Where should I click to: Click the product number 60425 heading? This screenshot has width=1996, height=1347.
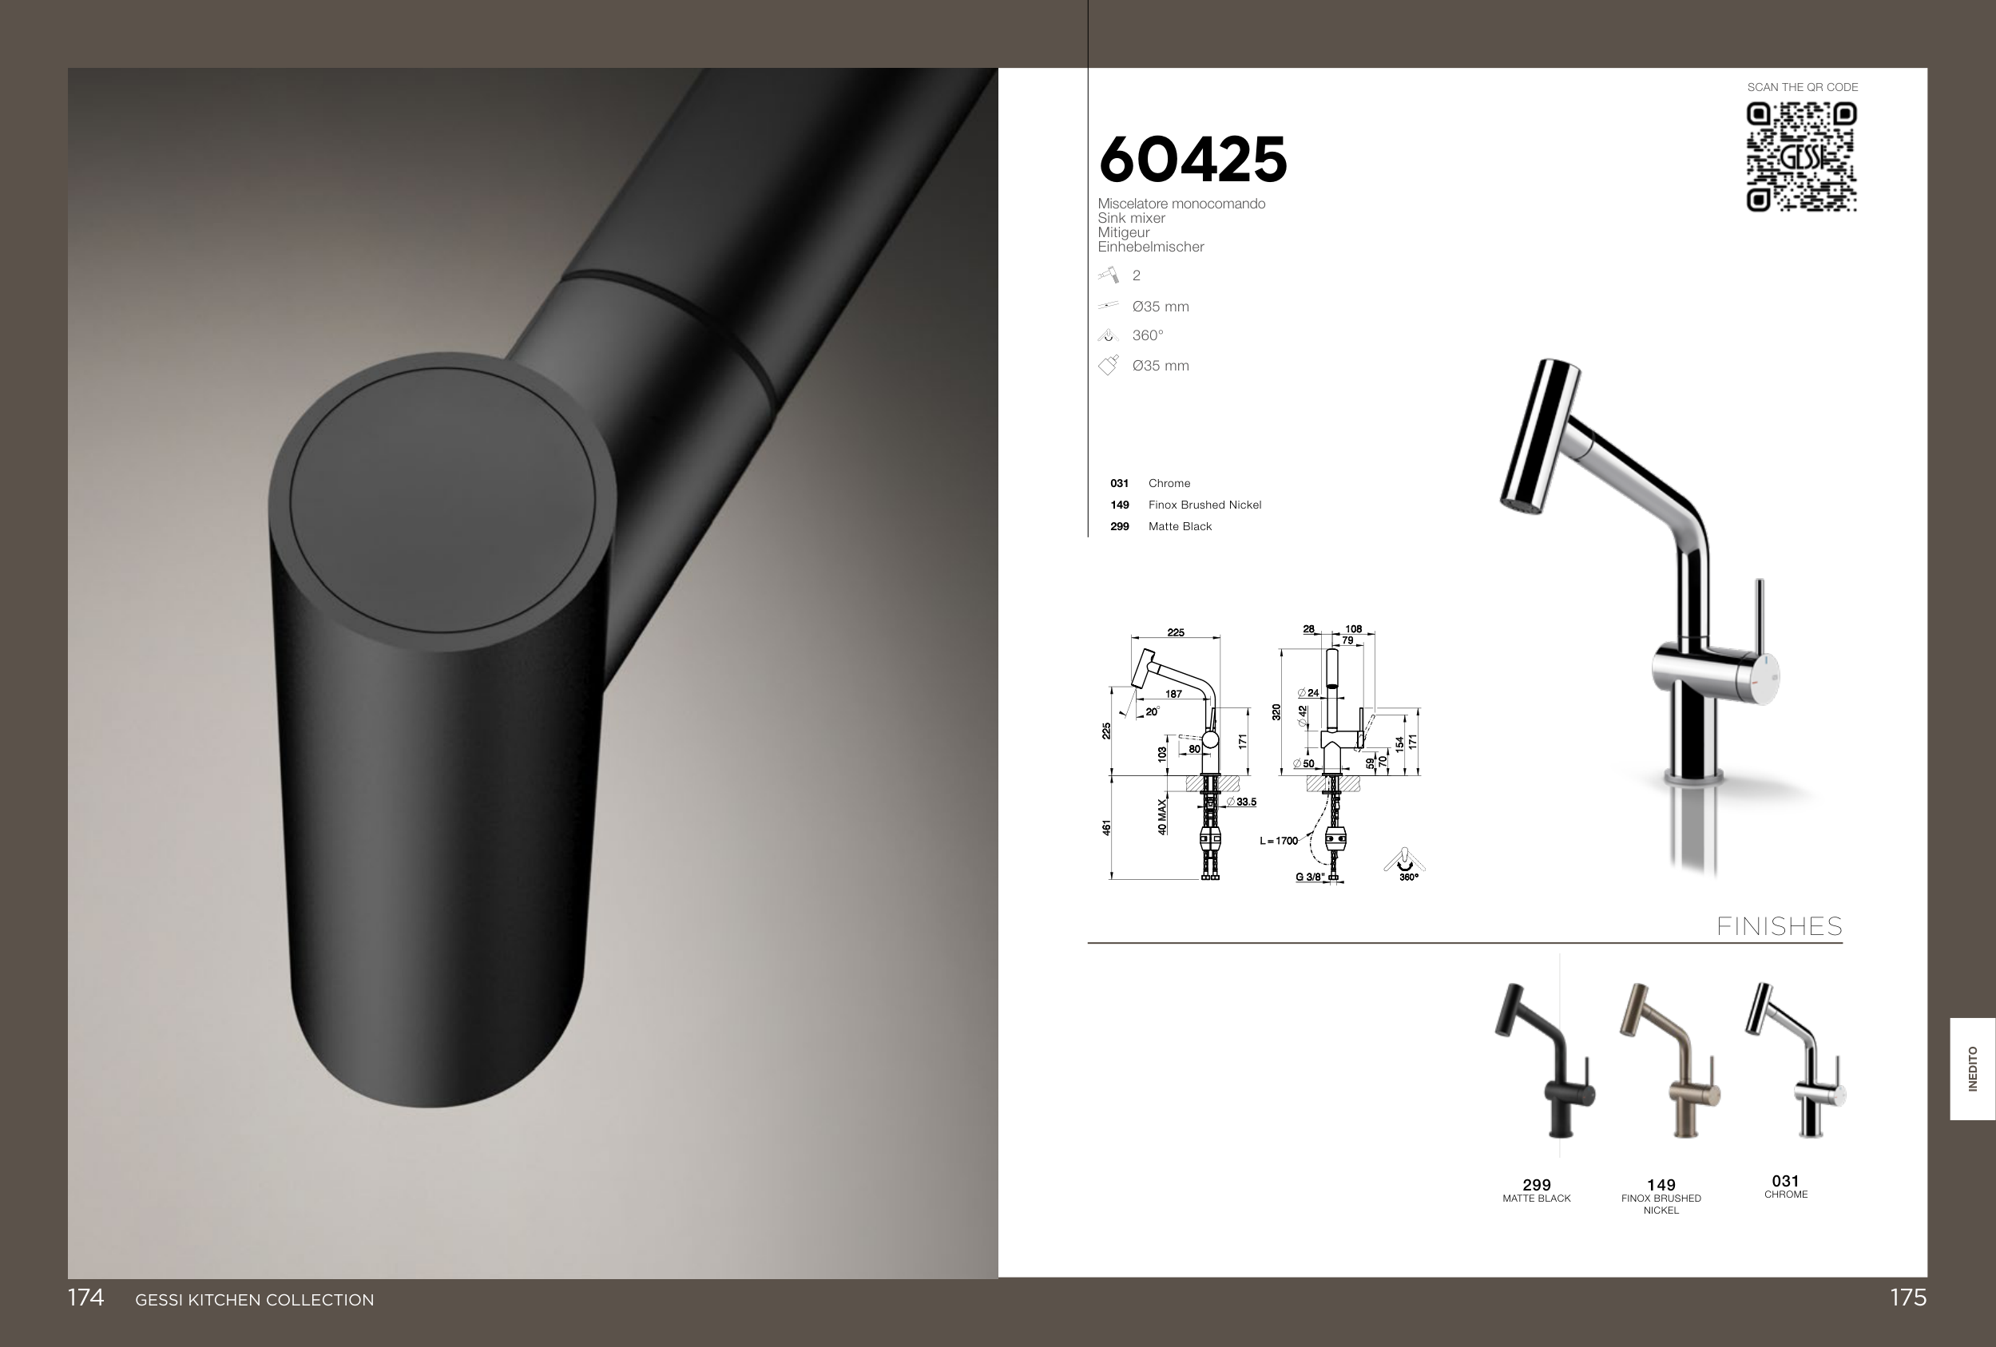[1193, 160]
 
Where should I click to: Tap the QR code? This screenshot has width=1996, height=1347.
[1802, 157]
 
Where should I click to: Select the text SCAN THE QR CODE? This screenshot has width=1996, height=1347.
[1803, 88]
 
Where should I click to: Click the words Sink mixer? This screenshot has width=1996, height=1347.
[1131, 218]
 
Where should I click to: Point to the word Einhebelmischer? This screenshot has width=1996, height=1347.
[1151, 248]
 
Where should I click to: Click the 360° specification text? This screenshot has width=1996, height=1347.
[1148, 335]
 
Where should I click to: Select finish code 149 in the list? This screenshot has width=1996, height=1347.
[1119, 505]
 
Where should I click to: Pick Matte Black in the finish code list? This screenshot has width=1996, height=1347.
[1180, 526]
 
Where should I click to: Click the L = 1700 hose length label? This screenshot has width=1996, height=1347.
[1279, 841]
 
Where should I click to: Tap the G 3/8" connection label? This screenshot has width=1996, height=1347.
[1310, 878]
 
